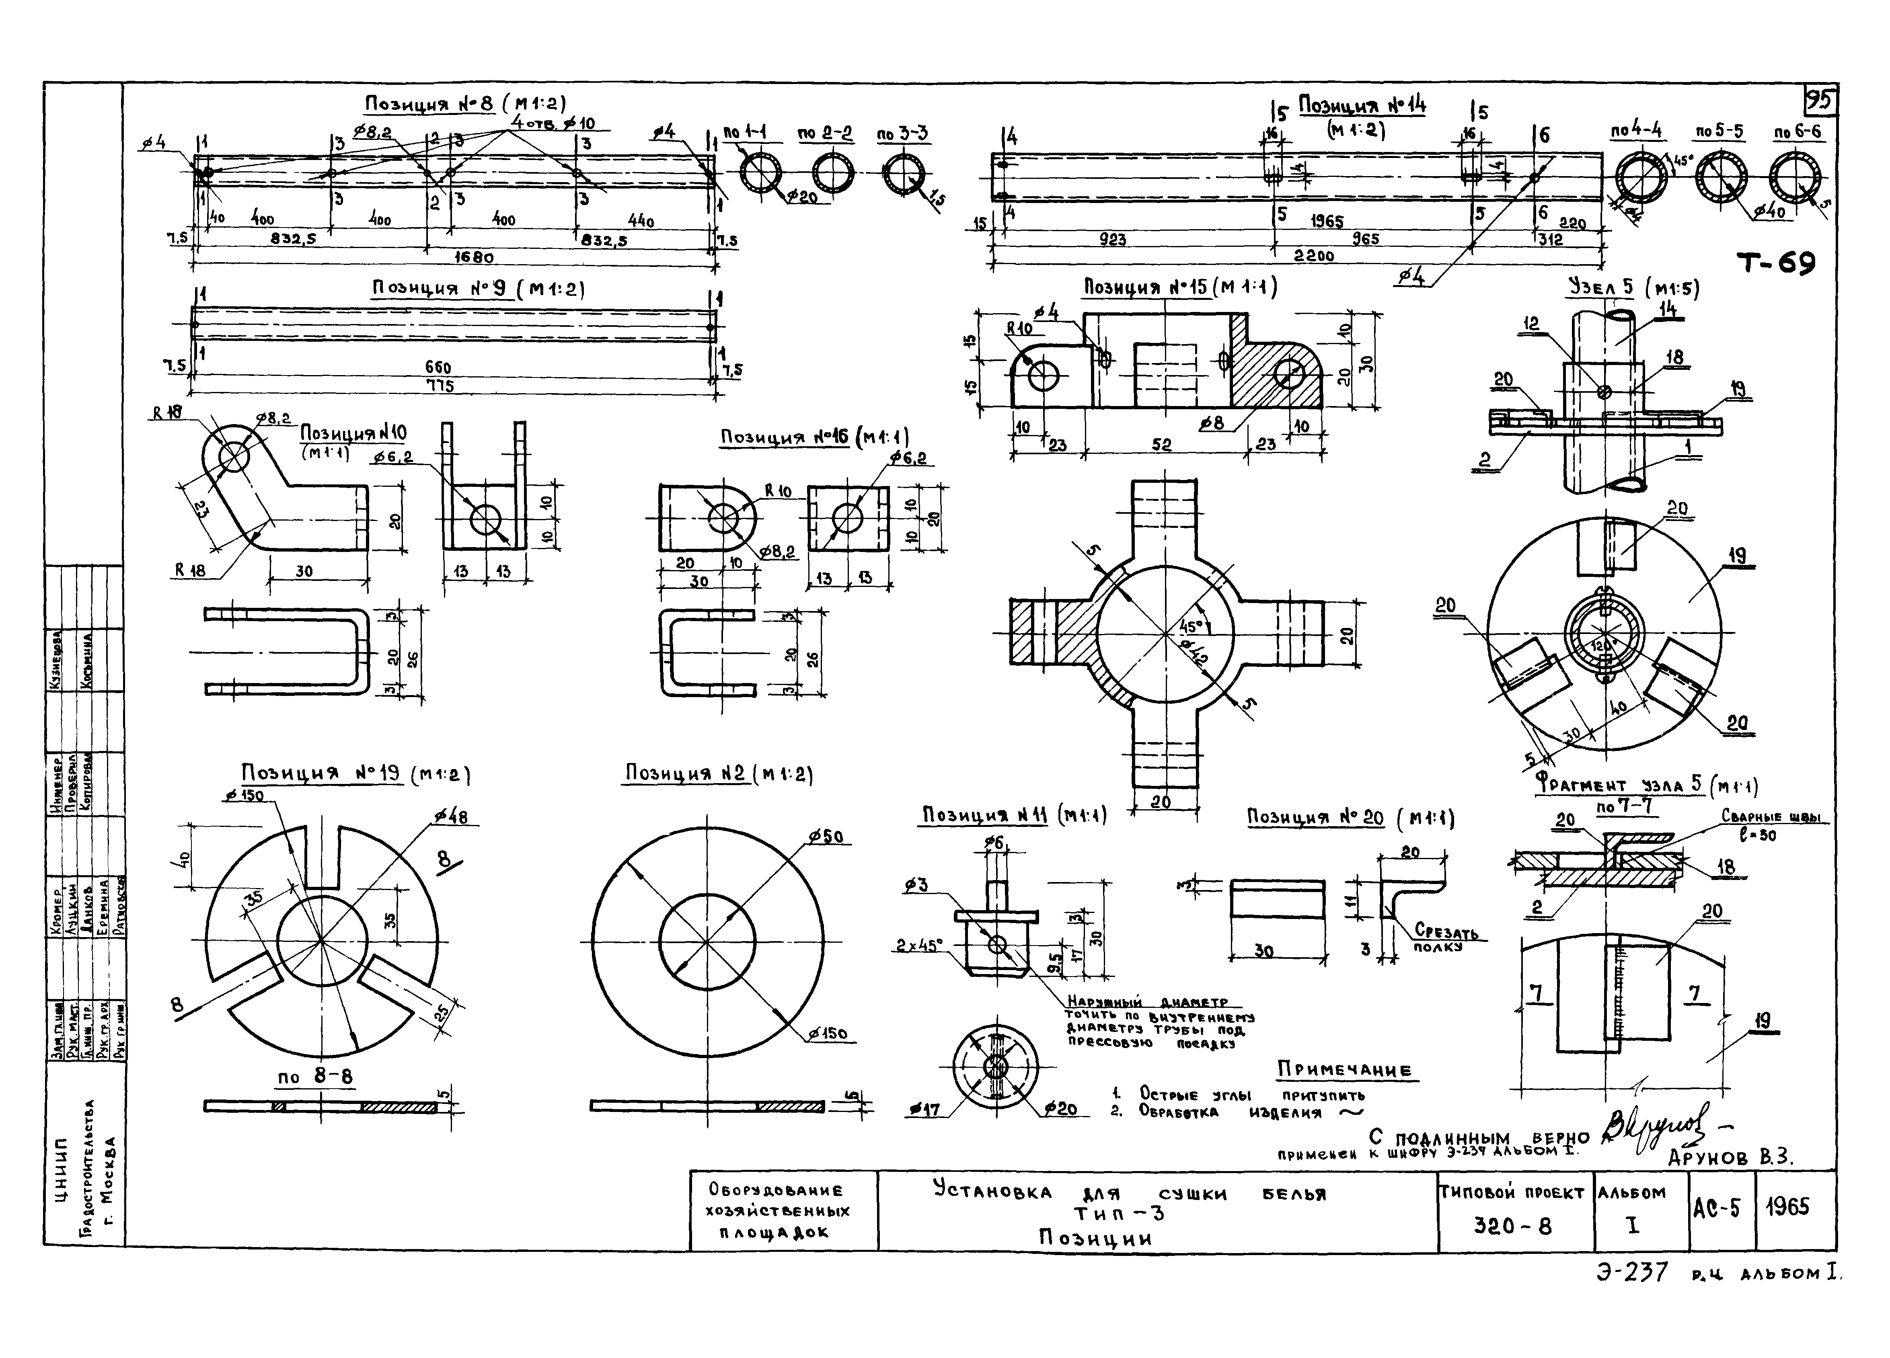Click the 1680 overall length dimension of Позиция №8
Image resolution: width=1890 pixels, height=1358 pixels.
coord(473,257)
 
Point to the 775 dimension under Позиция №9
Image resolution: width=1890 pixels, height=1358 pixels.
coord(439,386)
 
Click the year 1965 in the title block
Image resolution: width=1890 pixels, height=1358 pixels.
coord(1787,1207)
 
